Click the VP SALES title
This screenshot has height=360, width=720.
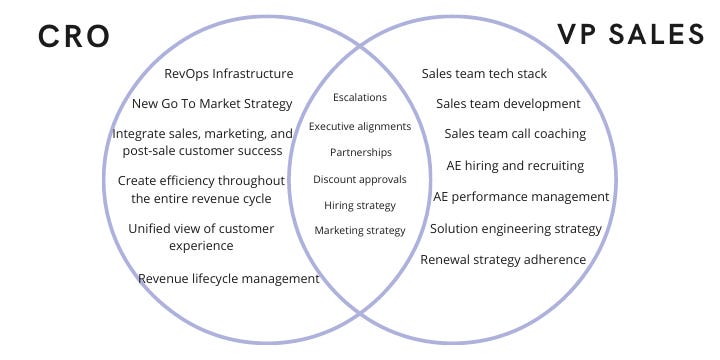pos(630,34)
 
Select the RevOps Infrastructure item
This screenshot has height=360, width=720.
pos(229,73)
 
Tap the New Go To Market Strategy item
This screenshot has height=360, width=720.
pos(212,103)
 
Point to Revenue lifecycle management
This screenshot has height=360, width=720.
pos(229,279)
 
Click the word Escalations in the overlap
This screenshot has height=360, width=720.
pos(359,98)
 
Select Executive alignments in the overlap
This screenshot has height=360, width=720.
pos(359,126)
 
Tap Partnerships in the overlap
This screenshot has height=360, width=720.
pos(360,152)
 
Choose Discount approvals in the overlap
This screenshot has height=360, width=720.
pos(359,179)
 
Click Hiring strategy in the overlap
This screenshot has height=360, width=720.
pos(360,205)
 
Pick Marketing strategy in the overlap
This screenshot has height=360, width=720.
pos(360,231)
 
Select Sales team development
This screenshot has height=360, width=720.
pos(508,103)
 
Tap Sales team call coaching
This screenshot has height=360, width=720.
pos(515,133)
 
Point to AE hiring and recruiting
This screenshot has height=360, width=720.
pos(515,165)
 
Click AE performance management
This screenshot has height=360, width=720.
pos(521,196)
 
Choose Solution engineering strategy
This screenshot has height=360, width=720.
pos(516,228)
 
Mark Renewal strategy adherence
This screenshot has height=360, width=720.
pos(503,260)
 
